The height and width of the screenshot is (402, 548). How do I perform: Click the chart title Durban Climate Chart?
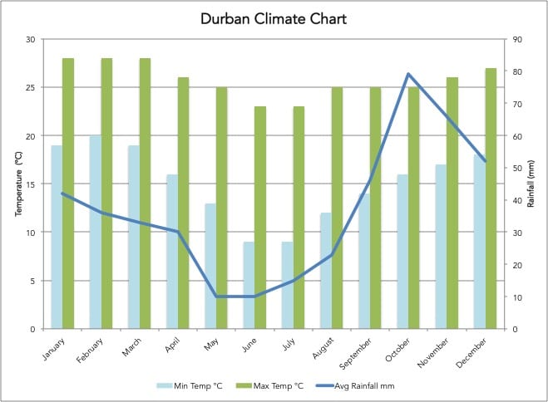point(274,18)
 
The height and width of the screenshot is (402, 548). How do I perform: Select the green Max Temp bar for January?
point(68,194)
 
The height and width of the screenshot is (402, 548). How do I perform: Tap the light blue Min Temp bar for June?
point(249,285)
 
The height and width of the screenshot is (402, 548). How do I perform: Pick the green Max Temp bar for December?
point(491,199)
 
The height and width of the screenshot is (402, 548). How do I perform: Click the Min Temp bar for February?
point(95,233)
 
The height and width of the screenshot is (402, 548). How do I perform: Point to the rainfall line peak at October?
point(408,74)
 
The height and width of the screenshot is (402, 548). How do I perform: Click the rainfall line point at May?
point(216,297)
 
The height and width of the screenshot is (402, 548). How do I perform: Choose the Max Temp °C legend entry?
point(273,385)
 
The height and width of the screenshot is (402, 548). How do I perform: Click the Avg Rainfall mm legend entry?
point(357,385)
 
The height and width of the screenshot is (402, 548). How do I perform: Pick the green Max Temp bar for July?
point(298,218)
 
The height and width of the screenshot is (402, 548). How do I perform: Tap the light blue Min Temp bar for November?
point(441,247)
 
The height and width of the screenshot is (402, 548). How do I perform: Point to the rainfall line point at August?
point(332,255)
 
